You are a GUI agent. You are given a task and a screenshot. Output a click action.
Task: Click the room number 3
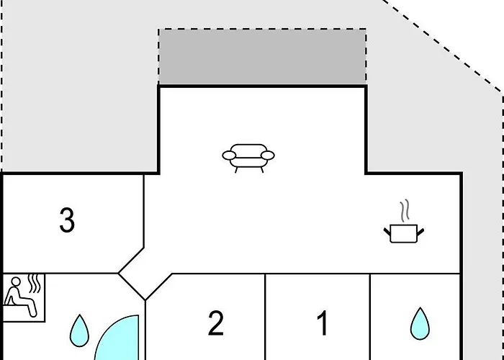(x=67, y=220)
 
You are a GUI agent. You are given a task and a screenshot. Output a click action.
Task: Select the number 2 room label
(x=216, y=323)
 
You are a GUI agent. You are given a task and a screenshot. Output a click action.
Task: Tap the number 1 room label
(x=323, y=323)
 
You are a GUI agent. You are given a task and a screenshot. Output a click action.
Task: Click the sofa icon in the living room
(x=248, y=158)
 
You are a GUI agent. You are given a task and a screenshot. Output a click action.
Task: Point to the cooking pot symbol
(x=404, y=233)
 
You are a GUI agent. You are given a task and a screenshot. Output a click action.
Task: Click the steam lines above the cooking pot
(x=405, y=210)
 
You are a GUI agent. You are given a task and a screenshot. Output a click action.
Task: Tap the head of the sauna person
(x=15, y=282)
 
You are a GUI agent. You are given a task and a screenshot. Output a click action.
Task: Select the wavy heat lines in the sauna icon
(x=34, y=283)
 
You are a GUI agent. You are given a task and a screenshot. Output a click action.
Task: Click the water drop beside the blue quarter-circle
(x=79, y=330)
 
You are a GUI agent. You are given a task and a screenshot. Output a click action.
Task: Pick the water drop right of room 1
(x=420, y=324)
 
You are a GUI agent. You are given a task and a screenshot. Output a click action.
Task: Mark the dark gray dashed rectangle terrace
(x=262, y=57)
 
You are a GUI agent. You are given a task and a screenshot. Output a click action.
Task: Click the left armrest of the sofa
(x=229, y=156)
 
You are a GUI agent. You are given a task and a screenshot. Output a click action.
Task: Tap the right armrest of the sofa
(x=267, y=156)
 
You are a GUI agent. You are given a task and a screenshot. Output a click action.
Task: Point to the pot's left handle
(x=387, y=231)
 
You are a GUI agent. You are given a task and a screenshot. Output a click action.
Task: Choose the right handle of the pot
(x=420, y=231)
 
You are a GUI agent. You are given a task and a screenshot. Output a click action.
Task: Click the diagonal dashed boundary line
(x=442, y=46)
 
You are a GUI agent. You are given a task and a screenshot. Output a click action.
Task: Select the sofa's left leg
(x=236, y=170)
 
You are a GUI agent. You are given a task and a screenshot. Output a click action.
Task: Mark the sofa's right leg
(x=262, y=170)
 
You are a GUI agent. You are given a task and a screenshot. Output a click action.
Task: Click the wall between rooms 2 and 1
(x=265, y=317)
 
